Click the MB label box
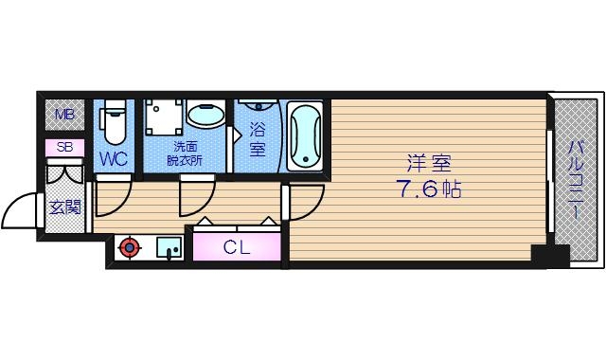point(64,117)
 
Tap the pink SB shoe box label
point(64,147)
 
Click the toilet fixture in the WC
point(114,123)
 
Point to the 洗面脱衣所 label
point(185,153)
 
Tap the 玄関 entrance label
point(64,207)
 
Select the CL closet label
point(237,247)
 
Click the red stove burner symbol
point(128,249)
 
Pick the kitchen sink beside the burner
point(169,248)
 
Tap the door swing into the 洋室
point(306,201)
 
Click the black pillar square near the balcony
point(549,255)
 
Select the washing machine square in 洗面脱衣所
point(163,118)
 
